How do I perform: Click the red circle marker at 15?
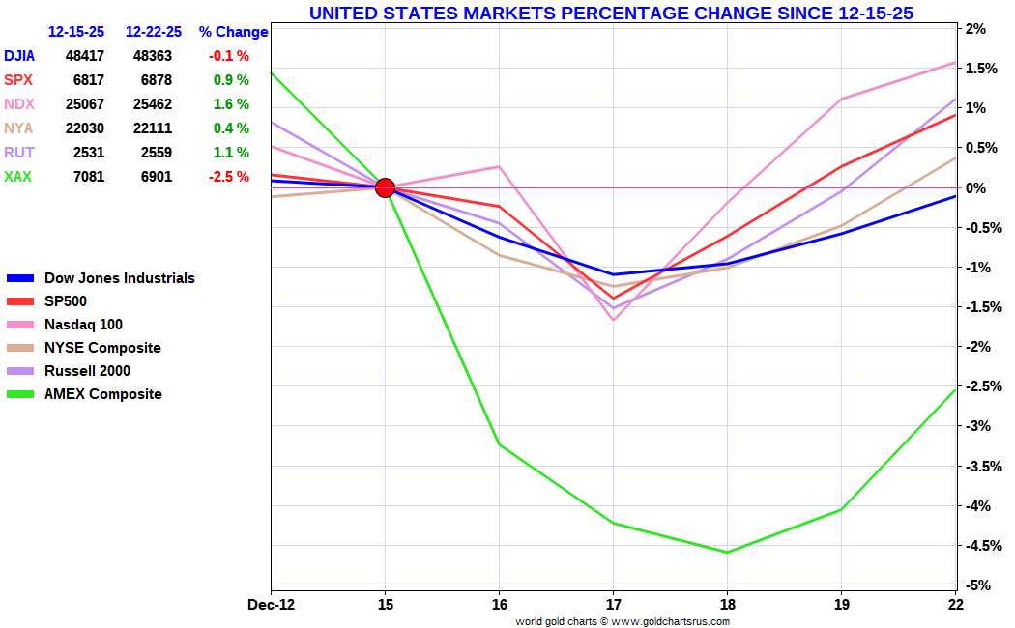pos(385,187)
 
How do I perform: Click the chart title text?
pos(611,13)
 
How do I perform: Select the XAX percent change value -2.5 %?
pos(228,177)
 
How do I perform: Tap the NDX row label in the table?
pos(18,104)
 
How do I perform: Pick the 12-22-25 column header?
pos(154,32)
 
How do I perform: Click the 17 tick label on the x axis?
pos(613,605)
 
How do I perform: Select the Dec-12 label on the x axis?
pos(272,605)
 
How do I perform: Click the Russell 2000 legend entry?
pos(87,371)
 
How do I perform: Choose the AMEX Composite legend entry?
pos(102,394)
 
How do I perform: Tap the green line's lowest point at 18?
pos(727,553)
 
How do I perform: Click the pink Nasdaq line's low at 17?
pos(613,320)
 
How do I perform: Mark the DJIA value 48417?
pos(85,56)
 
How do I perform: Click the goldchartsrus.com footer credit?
pos(623,621)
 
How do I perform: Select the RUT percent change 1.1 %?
pos(231,153)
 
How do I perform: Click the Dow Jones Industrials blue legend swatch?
pos(20,279)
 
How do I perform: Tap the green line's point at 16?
pos(499,444)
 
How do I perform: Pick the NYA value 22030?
pos(85,128)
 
